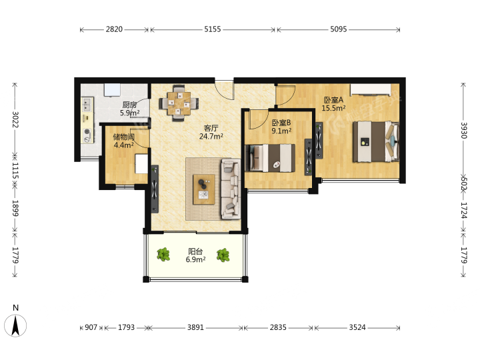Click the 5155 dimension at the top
213,29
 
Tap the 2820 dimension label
114,29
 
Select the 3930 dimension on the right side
464,131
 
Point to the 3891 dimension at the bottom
195,327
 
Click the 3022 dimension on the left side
15,119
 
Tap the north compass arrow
15,325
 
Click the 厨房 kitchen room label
129,105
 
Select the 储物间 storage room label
124,137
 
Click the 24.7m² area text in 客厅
211,136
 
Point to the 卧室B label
281,123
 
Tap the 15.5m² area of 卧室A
333,108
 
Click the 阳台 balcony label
195,251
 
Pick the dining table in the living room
179,103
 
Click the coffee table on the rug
204,189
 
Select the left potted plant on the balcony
163,255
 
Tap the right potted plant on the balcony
223,255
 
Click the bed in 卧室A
376,141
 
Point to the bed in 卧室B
270,158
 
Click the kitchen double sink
87,104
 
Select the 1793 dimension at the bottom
126,327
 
